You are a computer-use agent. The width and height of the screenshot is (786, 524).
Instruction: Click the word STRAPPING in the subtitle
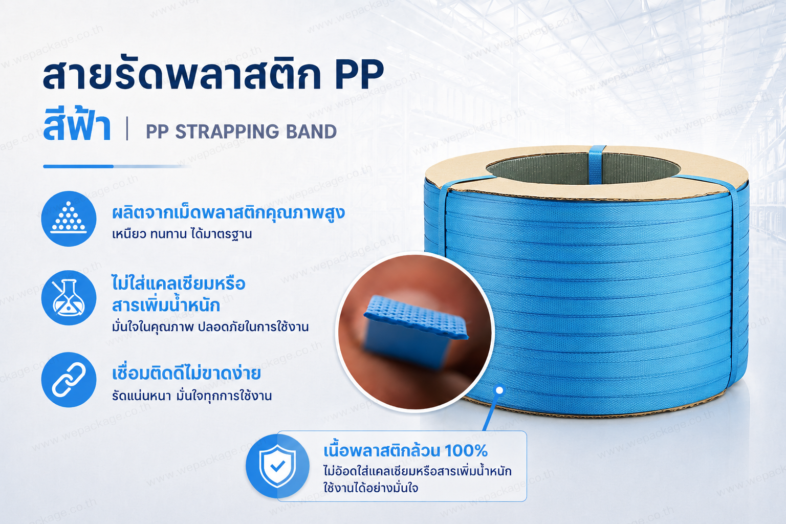(227, 132)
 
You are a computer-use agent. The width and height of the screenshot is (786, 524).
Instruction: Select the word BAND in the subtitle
(311, 132)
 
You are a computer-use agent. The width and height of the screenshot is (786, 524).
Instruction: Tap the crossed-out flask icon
(69, 298)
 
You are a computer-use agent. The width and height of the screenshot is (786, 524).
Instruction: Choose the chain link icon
(69, 380)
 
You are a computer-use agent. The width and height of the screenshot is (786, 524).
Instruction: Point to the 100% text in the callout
(466, 451)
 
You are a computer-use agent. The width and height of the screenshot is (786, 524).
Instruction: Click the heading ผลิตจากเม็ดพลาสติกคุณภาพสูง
(228, 213)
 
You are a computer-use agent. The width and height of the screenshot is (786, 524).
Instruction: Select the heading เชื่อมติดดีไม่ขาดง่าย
(186, 373)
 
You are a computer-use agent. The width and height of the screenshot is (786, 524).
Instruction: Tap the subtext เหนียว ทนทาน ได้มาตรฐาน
(182, 234)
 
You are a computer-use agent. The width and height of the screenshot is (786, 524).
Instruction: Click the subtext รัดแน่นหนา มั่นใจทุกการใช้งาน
(192, 396)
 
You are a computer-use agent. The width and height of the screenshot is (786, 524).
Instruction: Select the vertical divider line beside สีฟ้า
(127, 129)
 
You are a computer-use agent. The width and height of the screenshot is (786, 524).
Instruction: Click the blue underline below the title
(116, 166)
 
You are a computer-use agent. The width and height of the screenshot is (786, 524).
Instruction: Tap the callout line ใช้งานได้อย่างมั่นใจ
(371, 488)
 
